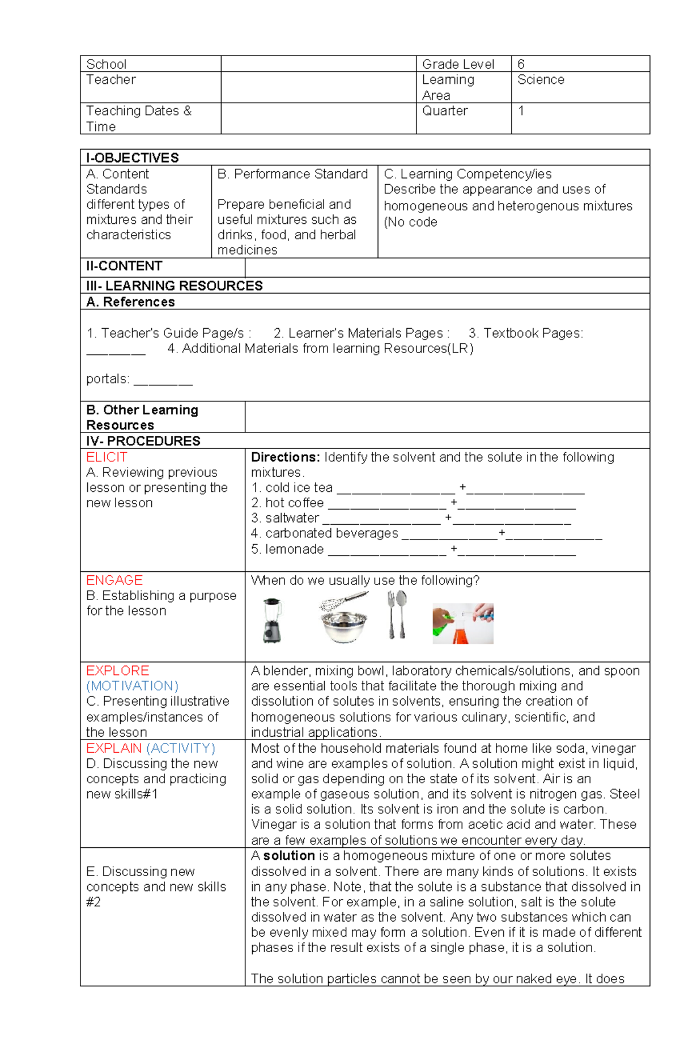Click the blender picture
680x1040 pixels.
click(x=271, y=621)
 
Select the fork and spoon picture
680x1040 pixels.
click(x=397, y=615)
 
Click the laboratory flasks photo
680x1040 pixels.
click(x=462, y=623)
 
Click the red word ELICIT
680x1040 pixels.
click(x=107, y=457)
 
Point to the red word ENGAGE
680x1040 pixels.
click(x=114, y=580)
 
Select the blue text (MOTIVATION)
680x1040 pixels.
click(x=132, y=686)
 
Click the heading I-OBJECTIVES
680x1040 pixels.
click(x=132, y=158)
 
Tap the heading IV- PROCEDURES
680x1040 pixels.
click(x=143, y=440)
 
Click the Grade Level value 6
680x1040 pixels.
click(x=521, y=64)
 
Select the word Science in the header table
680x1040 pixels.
click(x=541, y=79)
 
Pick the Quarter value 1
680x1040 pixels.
click(x=521, y=111)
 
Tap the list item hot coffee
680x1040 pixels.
click(x=294, y=503)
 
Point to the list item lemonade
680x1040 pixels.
click(x=294, y=549)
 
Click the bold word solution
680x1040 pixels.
click(x=288, y=855)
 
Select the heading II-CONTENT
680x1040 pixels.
click(x=124, y=266)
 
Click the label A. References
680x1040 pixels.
click(x=130, y=302)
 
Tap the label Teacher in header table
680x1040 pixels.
click(x=110, y=79)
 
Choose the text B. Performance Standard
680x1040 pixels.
click(x=292, y=173)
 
